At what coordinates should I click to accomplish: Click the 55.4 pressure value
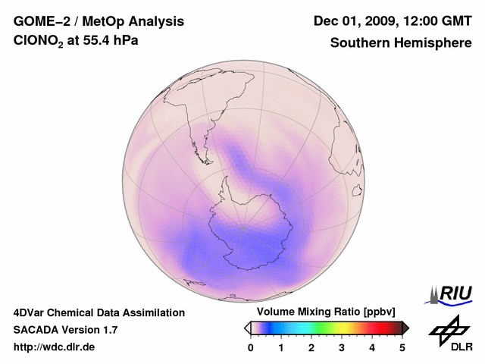95,42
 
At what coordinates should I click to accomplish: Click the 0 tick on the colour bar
251,347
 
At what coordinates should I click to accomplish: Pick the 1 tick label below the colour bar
281,347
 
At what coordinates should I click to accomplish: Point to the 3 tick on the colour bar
342,347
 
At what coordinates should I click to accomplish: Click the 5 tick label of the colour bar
402,347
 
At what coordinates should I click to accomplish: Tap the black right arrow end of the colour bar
405,328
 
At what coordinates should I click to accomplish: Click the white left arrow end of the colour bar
247,328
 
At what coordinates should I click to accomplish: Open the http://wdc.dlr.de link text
54,347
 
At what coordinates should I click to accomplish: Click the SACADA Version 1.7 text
65,330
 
